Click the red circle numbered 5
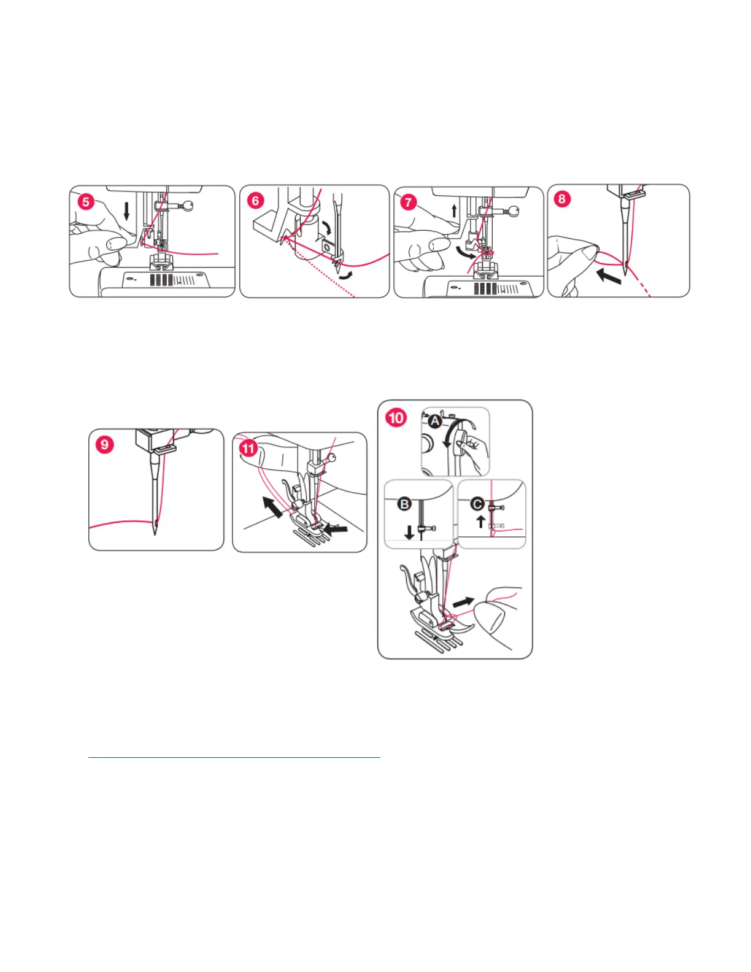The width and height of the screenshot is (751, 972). click(86, 202)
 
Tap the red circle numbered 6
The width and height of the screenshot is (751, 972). click(255, 201)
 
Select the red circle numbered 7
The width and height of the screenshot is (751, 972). click(408, 202)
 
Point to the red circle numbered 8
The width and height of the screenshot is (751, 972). click(562, 199)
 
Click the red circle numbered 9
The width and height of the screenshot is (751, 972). click(104, 445)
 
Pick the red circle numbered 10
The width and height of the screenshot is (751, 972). click(396, 418)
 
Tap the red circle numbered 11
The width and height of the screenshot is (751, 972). click(248, 448)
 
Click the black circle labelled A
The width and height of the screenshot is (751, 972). click(435, 422)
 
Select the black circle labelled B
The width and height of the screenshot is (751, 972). click(404, 504)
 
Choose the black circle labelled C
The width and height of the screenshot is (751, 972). click(478, 504)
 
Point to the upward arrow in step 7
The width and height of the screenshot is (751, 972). click(455, 210)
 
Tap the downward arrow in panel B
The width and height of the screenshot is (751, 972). click(409, 533)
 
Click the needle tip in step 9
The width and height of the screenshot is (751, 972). click(155, 534)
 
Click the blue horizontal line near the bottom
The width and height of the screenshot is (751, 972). click(234, 758)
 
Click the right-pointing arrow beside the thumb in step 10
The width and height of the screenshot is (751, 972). click(463, 602)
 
